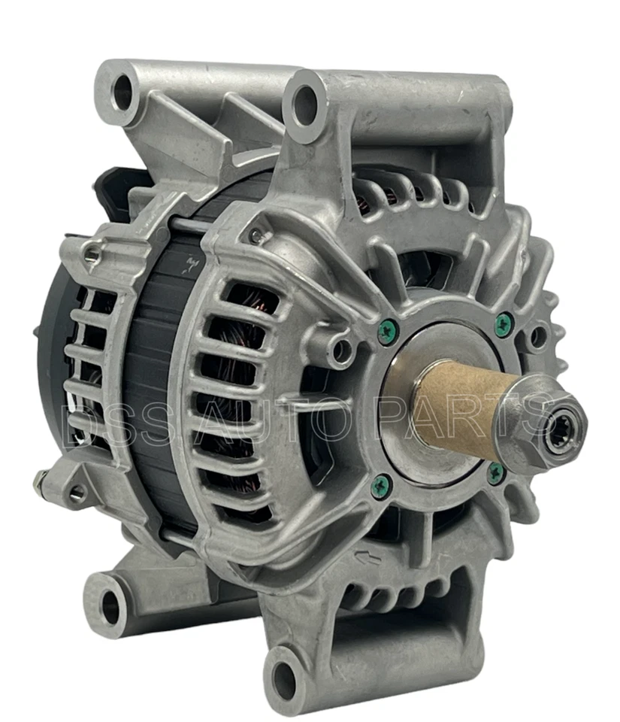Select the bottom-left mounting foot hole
[x=110, y=602]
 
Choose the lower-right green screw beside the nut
[x=495, y=472]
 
